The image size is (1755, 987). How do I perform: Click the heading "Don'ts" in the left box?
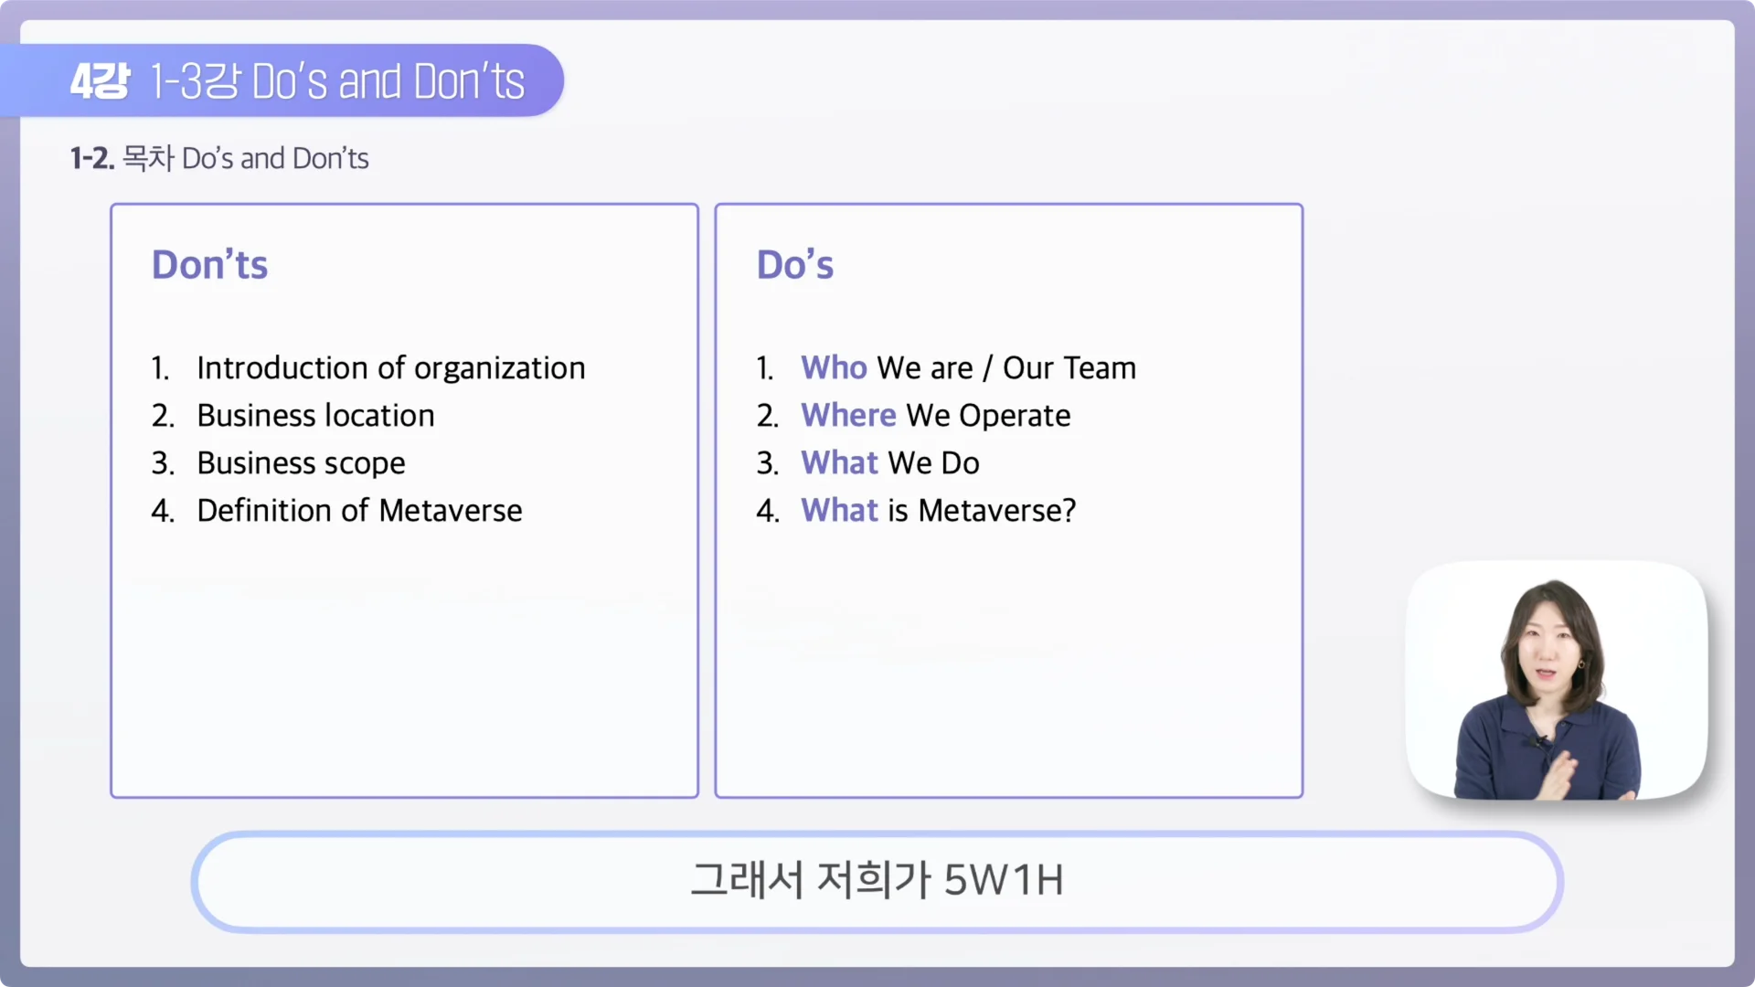[x=209, y=265]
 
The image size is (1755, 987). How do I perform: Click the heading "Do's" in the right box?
[x=794, y=265]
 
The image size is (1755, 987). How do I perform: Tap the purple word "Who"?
[x=834, y=367]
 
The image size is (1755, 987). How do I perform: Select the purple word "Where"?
[x=848, y=415]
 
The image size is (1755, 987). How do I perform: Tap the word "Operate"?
[x=1015, y=416]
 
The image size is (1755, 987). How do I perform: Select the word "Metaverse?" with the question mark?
[x=996, y=510]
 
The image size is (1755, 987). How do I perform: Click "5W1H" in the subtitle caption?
[x=1003, y=880]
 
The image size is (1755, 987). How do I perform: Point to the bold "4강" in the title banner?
[x=100, y=81]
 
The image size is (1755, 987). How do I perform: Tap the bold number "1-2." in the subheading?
[x=91, y=158]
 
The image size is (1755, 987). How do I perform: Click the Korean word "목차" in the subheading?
[x=148, y=158]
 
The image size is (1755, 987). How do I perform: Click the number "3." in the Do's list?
[x=767, y=463]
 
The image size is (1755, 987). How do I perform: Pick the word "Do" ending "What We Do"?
[x=960, y=462]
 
